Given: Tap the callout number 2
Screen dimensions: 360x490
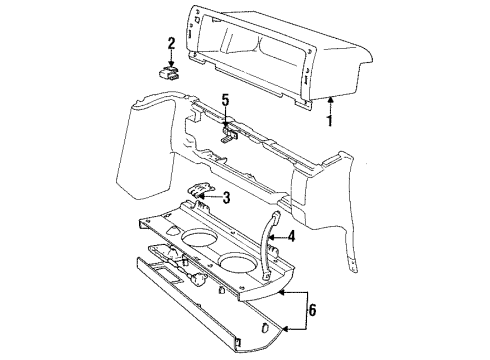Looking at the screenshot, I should coord(171,43).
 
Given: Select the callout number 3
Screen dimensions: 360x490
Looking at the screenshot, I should coord(227,197).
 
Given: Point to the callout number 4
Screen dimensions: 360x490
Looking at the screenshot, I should coord(291,237).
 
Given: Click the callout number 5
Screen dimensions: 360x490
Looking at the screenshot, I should coord(226,100).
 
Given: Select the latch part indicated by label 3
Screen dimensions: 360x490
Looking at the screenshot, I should coord(198,195).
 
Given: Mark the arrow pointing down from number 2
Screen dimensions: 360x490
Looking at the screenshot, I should coord(171,57).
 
